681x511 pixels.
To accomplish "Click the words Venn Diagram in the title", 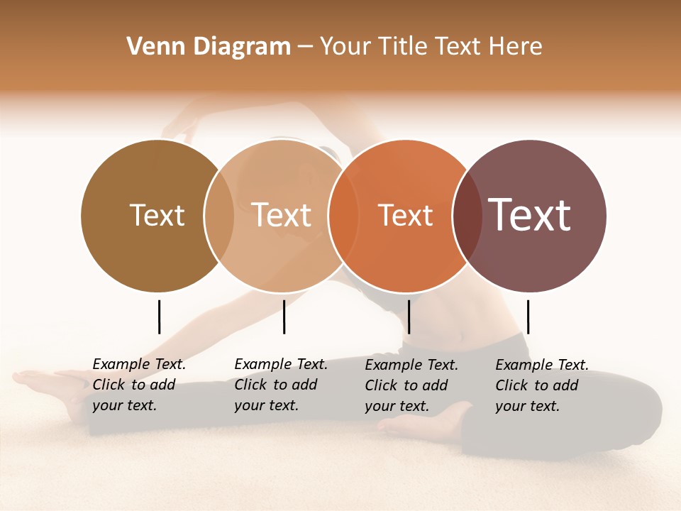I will click(209, 47).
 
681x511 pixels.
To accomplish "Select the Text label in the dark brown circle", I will click(157, 215).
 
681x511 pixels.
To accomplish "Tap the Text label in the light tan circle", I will click(282, 215).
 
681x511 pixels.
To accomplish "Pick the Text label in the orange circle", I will click(405, 216).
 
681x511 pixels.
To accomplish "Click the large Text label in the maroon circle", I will click(530, 214).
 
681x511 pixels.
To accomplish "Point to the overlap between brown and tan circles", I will click(219, 216).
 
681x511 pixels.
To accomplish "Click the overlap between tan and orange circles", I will click(338, 216).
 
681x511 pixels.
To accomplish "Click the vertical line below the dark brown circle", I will click(159, 317).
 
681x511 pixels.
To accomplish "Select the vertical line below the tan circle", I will click(284, 317).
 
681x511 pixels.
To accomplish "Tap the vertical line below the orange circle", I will click(409, 317).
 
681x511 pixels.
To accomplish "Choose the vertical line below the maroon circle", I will click(528, 317).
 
